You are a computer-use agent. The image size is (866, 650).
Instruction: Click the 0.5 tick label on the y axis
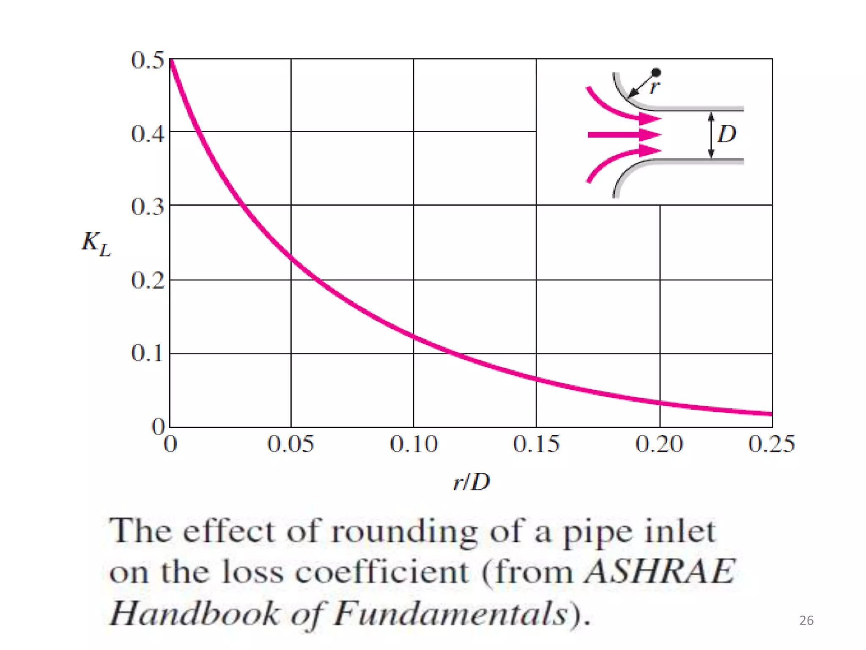[x=147, y=60]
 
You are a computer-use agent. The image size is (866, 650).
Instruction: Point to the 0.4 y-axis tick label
[x=147, y=134]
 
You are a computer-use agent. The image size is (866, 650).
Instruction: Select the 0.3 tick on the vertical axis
[x=147, y=207]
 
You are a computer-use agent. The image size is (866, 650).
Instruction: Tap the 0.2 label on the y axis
[x=147, y=280]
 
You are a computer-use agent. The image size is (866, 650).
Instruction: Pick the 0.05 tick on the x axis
[x=290, y=444]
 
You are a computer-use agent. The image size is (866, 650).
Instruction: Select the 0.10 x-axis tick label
[x=414, y=444]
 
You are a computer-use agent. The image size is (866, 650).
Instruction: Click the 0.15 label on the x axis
[x=536, y=444]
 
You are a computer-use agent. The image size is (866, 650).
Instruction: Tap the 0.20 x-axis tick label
[x=659, y=444]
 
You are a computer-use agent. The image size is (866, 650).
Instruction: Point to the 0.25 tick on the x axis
[x=771, y=444]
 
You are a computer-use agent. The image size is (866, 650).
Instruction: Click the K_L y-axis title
[x=96, y=244]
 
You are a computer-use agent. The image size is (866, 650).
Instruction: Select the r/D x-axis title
[x=471, y=482]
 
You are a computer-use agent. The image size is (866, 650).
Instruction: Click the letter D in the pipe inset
[x=727, y=134]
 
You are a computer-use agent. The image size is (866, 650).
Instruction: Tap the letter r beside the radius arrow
[x=655, y=88]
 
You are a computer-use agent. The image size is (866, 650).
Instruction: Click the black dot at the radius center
[x=656, y=73]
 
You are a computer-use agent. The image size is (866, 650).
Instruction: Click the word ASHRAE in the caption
[x=660, y=572]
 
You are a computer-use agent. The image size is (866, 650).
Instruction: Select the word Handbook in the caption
[x=195, y=613]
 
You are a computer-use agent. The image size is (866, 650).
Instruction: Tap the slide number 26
[x=806, y=620]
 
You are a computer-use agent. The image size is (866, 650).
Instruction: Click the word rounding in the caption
[x=404, y=532]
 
